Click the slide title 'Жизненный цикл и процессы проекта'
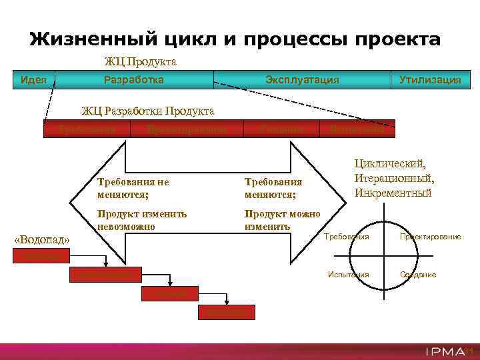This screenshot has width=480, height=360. pos(235,39)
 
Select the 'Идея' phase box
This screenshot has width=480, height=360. pos(33,79)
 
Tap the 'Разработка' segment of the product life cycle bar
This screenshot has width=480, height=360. pos(133,79)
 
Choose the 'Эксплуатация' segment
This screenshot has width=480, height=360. pos(301,79)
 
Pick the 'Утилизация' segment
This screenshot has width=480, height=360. pos(429,79)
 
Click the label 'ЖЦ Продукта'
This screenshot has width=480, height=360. pos(140,62)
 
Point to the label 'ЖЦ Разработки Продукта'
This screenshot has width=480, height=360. pos(147,110)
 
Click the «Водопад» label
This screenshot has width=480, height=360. pos(42,239)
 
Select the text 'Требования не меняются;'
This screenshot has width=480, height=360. pos(133,188)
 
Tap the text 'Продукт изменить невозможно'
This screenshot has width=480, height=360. pos(141,220)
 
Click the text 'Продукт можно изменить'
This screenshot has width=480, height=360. pos(282,220)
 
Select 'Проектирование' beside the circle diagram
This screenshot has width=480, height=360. pos(430,237)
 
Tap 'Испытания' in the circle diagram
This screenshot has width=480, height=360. pos(347,275)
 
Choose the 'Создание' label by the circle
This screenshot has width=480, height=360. pos(418,275)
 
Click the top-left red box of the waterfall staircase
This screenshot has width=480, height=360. pos(42,255)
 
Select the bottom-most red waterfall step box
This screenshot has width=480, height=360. pos(226,312)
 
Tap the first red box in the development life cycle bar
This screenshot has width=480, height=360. pos(87,129)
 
